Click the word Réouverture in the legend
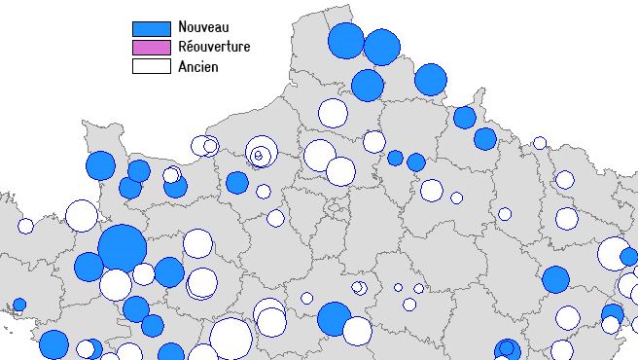(x=214, y=48)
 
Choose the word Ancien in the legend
(x=198, y=66)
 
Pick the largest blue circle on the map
(x=123, y=247)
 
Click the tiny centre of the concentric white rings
(x=258, y=154)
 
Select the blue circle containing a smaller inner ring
(x=506, y=349)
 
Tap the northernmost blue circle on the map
(x=345, y=42)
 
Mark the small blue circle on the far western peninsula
(x=18, y=305)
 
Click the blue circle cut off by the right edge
(x=629, y=257)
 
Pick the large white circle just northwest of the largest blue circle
(x=82, y=215)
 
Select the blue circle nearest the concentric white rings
(x=237, y=182)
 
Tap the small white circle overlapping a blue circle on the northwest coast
(x=171, y=175)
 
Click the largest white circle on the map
(x=230, y=339)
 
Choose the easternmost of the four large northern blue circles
(x=430, y=80)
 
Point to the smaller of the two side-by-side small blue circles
(x=395, y=158)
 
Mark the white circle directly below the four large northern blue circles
(x=333, y=113)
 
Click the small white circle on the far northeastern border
(x=540, y=143)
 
